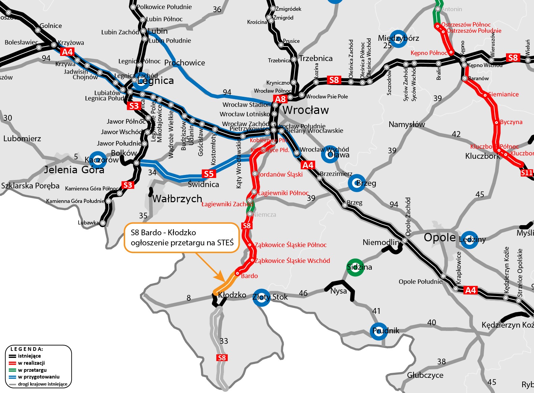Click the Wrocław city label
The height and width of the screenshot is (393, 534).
(306, 110)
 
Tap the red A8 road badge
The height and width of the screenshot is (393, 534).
(280, 99)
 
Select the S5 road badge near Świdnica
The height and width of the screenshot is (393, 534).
(209, 174)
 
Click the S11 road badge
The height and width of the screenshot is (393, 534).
(527, 173)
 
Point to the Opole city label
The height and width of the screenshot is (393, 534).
(440, 237)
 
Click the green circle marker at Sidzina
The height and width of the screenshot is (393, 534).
(356, 268)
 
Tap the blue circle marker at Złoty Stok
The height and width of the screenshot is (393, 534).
(261, 297)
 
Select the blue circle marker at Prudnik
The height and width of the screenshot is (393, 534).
(379, 331)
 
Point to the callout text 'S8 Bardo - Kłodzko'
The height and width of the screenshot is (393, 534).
(163, 233)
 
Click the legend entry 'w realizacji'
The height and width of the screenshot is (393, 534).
(31, 363)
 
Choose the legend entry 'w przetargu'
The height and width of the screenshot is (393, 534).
(32, 370)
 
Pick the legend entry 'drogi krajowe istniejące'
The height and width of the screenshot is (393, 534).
(43, 384)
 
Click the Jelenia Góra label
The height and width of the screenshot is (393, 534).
(74, 170)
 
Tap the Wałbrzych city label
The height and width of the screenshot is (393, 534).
(177, 199)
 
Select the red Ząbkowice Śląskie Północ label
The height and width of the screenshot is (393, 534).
(290, 245)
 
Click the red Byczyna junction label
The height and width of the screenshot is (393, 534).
(511, 122)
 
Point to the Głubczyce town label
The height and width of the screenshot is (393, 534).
(425, 375)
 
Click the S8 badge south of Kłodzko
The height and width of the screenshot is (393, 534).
(222, 358)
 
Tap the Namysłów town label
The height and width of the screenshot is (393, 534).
(406, 125)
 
